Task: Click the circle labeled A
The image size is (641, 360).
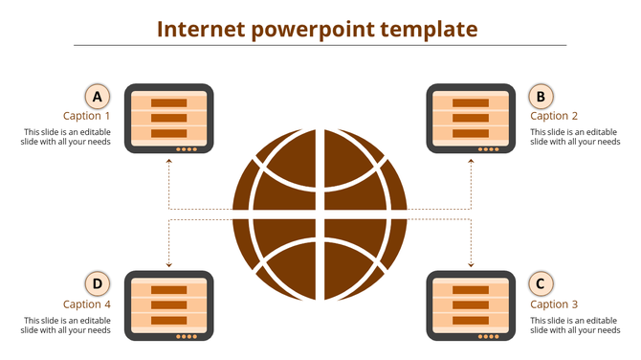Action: (x=97, y=96)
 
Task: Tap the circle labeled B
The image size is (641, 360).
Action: (x=541, y=96)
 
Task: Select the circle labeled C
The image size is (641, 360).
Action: (x=541, y=283)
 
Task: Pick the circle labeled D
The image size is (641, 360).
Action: (x=97, y=283)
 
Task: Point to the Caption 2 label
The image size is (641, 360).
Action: (x=554, y=117)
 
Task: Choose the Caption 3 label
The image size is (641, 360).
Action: (x=554, y=304)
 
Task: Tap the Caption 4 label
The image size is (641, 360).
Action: (x=87, y=304)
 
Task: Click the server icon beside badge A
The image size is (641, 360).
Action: (x=168, y=119)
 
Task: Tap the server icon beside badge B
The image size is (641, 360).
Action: (x=470, y=119)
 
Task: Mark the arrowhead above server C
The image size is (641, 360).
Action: (x=471, y=263)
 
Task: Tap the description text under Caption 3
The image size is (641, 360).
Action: (x=574, y=325)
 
